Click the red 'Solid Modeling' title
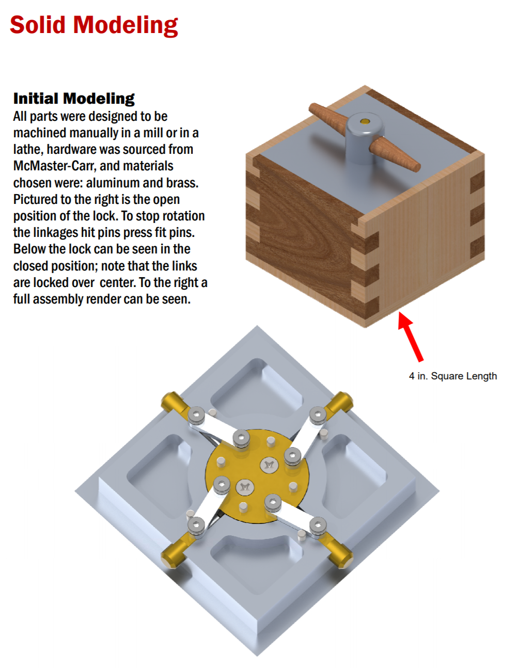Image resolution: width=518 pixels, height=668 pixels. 94,25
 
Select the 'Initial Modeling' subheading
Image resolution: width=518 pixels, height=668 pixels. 74,99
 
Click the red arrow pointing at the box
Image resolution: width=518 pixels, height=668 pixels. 410,336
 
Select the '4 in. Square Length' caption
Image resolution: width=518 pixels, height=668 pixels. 452,376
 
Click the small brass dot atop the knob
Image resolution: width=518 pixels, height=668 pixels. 365,121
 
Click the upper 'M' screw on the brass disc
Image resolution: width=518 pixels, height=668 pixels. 269,465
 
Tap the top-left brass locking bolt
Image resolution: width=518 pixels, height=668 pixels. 174,403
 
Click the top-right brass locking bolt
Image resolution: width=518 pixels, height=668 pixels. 339,403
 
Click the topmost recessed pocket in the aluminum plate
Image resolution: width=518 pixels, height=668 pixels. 257,388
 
